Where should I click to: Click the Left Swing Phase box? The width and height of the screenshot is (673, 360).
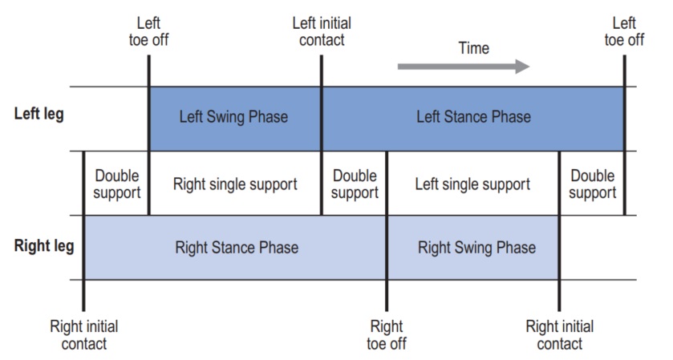235,119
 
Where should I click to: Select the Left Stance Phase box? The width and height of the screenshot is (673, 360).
473,119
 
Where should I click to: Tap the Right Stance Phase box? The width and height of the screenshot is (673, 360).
235,248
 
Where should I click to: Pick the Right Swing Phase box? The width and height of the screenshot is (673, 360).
473,248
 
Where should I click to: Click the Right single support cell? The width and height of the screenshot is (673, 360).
235,184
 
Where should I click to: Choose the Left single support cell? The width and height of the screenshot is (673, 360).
473,184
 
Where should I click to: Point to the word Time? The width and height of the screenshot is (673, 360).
473,48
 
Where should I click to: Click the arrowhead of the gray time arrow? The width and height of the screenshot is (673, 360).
523,67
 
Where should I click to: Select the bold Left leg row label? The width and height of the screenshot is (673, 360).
39,114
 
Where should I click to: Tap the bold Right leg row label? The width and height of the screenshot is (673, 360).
44,246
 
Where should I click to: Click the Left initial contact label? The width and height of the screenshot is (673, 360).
322,31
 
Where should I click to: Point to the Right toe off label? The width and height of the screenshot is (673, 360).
387,334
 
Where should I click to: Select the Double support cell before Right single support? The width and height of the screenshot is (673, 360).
117,184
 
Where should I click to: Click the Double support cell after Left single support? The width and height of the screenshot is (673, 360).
592,184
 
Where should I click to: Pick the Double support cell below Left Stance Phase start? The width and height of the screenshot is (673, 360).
355,184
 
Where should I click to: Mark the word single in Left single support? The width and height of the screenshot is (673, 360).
469,184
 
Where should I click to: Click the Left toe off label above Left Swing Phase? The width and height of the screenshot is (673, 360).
148,31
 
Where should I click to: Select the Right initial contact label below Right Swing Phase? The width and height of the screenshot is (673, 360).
560,334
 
